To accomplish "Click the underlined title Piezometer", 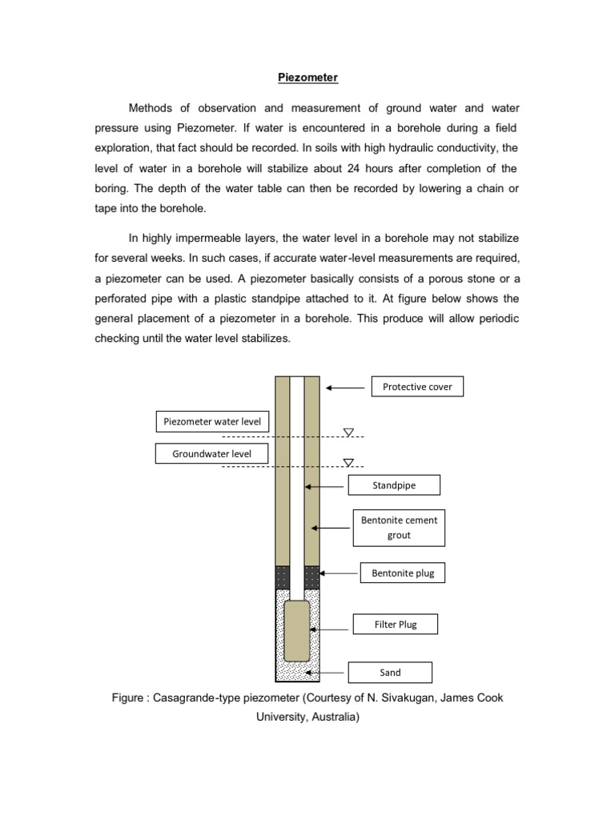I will [x=308, y=78].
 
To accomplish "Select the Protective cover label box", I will [x=417, y=387].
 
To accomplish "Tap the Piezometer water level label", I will [x=211, y=421].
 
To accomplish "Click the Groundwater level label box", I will [x=211, y=454].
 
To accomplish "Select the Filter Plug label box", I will [x=396, y=624].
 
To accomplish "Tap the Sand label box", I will [x=389, y=672].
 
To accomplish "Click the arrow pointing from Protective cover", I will [x=346, y=388].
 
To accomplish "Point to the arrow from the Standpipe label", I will [x=325, y=485].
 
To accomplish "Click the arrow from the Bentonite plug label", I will [x=338, y=573].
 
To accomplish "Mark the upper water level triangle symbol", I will [x=348, y=432].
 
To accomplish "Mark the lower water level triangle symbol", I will [x=348, y=462].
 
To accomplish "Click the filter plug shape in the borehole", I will [x=297, y=630].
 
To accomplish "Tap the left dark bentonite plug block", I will [x=282, y=577].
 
